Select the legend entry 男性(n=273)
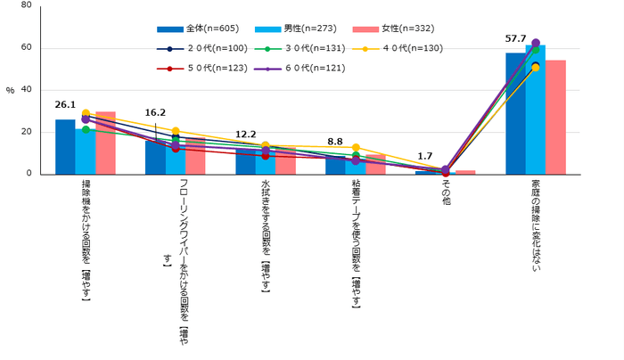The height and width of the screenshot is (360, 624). pos(291,29)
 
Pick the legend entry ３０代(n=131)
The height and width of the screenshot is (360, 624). pos(291,48)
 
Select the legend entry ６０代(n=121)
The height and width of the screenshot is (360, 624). pos(291,68)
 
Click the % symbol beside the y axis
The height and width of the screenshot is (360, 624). pos(10,90)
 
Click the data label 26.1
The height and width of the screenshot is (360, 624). pos(65,104)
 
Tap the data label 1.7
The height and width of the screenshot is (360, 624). pos(425,154)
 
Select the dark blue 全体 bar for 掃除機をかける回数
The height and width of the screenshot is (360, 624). pos(65,147)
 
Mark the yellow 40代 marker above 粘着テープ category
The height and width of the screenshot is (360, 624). pos(357,148)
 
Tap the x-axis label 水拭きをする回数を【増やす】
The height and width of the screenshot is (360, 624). pos(266,235)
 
